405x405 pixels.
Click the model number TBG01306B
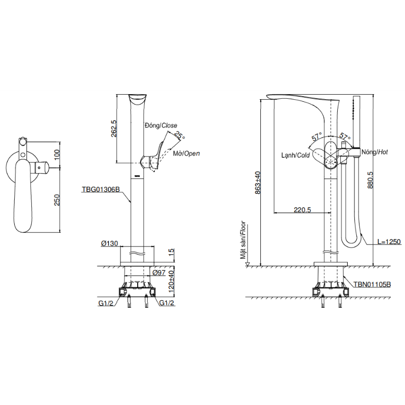[x=101, y=189]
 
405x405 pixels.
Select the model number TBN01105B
[x=372, y=285]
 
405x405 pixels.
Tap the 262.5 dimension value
[x=113, y=129]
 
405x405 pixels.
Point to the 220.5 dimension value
[x=302, y=210]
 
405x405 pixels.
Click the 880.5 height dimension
[x=370, y=180]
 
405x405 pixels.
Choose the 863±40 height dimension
[x=258, y=183]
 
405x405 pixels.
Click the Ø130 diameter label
[x=109, y=243]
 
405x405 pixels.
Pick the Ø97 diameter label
[x=159, y=272]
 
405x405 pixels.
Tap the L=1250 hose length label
[x=389, y=242]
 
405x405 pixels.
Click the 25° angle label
[x=180, y=135]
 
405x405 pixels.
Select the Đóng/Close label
[x=161, y=126]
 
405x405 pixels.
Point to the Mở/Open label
[x=186, y=153]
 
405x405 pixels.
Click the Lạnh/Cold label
[x=296, y=155]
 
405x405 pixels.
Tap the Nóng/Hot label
[x=375, y=152]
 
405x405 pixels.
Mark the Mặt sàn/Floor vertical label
[x=243, y=239]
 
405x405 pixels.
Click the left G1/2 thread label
[x=106, y=303]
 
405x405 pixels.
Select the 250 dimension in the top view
[x=57, y=200]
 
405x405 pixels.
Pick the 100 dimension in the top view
[x=57, y=154]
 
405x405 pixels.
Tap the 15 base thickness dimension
[x=171, y=252]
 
